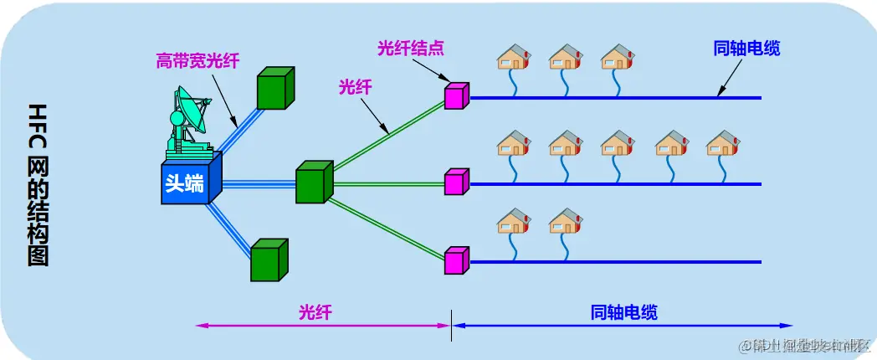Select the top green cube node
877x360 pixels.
click(275, 87)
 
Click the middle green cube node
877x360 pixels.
click(314, 183)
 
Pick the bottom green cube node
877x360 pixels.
click(269, 260)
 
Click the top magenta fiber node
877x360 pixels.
click(456, 96)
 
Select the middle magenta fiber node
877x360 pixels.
click(456, 181)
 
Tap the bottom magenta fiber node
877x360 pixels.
click(456, 260)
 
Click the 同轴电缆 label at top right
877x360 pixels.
click(746, 49)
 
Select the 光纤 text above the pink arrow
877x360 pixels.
click(315, 312)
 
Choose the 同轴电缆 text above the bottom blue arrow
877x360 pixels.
click(623, 312)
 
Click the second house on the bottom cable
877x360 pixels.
click(565, 221)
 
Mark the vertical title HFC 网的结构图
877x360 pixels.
click(38, 184)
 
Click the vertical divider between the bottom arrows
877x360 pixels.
click(452, 325)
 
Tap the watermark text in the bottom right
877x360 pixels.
click(808, 344)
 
